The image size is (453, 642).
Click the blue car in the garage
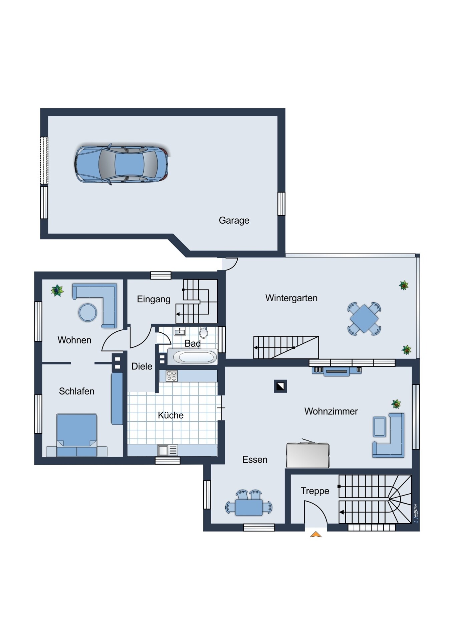121,164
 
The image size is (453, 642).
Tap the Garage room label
234,220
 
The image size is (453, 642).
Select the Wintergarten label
291,298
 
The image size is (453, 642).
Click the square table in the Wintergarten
364,319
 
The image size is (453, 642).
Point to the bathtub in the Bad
192,357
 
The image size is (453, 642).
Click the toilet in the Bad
204,333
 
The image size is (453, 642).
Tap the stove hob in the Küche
172,376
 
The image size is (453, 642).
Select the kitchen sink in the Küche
168,450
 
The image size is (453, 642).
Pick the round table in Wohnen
88,312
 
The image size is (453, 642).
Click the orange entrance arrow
316,534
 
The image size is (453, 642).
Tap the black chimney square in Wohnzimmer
280,386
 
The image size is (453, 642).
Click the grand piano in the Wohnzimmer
308,454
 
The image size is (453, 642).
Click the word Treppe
315,491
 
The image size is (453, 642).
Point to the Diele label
142,366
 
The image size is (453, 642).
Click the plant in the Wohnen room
57,290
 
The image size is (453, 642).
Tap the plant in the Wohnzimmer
396,404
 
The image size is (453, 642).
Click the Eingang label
154,299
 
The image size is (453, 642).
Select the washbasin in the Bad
180,331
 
